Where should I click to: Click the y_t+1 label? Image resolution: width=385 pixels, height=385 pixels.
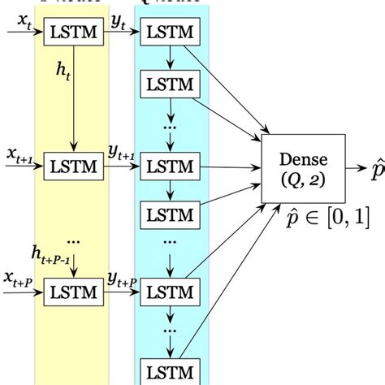coord(122,152)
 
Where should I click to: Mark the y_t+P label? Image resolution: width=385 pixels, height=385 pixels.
coord(122,278)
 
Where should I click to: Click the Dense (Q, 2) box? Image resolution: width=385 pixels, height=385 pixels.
coord(297,167)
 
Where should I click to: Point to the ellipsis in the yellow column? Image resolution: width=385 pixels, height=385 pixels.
coord(74,241)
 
